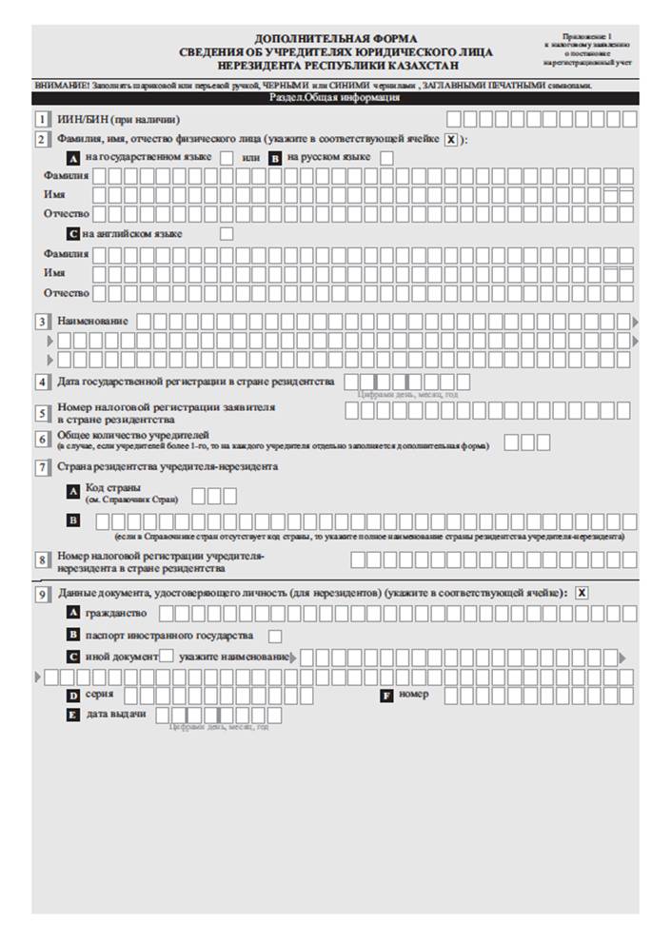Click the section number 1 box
pos(42,119)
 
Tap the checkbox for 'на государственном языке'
pos(227,157)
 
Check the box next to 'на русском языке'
pos(386,157)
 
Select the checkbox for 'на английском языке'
pos(227,233)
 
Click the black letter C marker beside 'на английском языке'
pos(73,233)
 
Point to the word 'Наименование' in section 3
pos(92,321)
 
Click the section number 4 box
pos(42,383)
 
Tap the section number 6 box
pos(42,439)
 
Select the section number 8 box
pos(42,559)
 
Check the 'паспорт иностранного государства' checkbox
pos(276,636)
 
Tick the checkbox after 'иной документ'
pos(167,656)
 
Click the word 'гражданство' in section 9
pos(115,613)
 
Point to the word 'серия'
pos(99,695)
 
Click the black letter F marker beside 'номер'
pos(386,696)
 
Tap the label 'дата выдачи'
pos(116,714)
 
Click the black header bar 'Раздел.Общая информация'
pos(335,98)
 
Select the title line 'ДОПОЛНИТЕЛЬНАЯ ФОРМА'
pos(335,37)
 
